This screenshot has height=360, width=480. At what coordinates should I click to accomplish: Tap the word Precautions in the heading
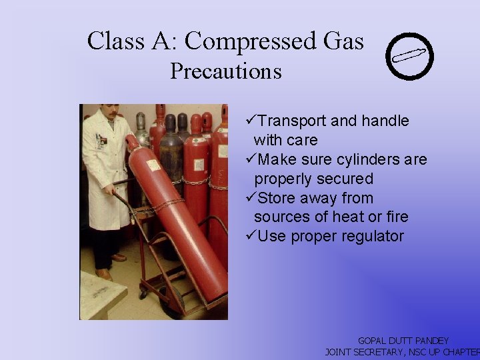tap(225, 71)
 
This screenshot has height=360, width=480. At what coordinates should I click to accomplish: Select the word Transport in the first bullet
tap(290, 121)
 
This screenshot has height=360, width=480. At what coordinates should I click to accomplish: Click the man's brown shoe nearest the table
tap(103, 273)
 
